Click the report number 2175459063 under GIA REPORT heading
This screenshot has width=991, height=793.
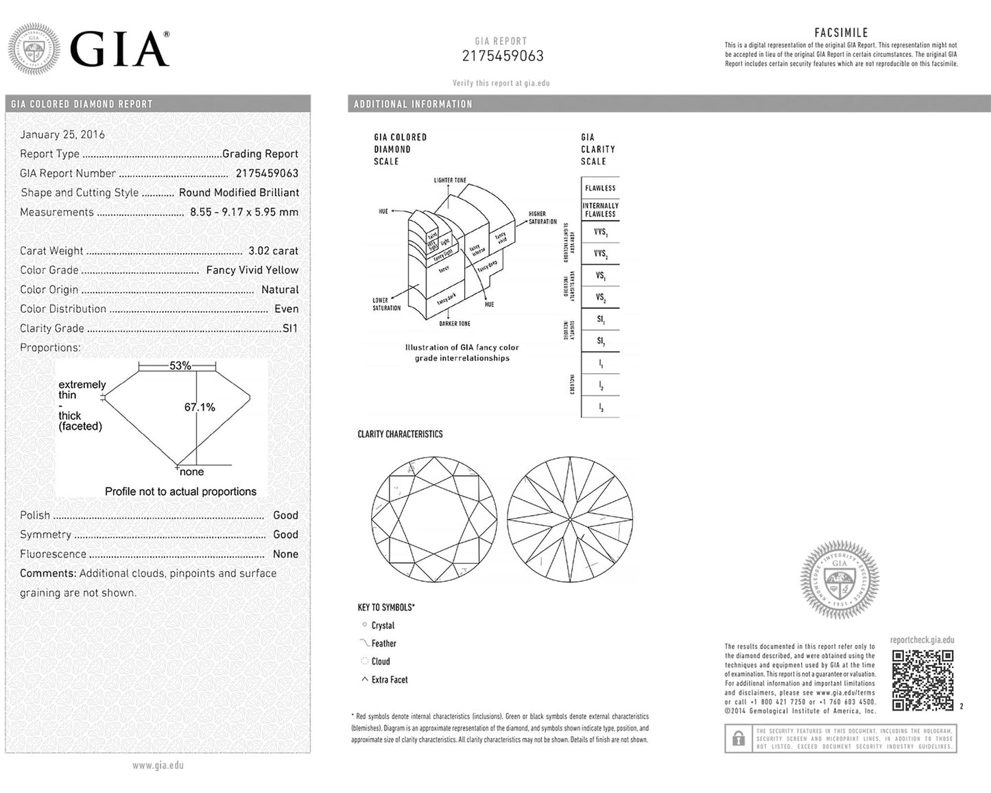click(x=503, y=56)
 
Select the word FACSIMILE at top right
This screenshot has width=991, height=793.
click(x=841, y=33)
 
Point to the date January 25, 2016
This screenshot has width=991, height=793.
click(x=62, y=134)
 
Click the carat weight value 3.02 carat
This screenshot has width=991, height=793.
click(x=273, y=251)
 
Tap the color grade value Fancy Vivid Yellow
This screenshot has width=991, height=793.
click(x=252, y=270)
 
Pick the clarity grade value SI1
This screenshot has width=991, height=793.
click(x=290, y=329)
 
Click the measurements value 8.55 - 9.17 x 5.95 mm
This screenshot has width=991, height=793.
click(x=244, y=212)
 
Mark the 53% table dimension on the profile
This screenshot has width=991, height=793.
click(x=180, y=366)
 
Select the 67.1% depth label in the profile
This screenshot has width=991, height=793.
click(x=200, y=407)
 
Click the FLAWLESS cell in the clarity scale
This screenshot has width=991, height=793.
click(x=600, y=188)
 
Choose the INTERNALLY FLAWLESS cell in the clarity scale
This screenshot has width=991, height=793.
click(x=600, y=210)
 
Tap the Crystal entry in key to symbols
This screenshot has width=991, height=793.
click(x=383, y=626)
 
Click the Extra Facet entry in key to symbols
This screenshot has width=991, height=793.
click(x=390, y=680)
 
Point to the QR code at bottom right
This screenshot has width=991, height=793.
click(x=922, y=680)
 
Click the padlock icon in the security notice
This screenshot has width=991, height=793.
click(x=738, y=739)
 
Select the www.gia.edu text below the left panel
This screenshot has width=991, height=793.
click(x=158, y=766)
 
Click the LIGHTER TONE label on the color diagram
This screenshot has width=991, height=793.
click(x=450, y=180)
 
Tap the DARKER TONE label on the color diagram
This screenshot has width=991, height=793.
click(x=455, y=324)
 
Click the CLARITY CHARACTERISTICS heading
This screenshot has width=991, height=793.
click(x=400, y=434)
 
